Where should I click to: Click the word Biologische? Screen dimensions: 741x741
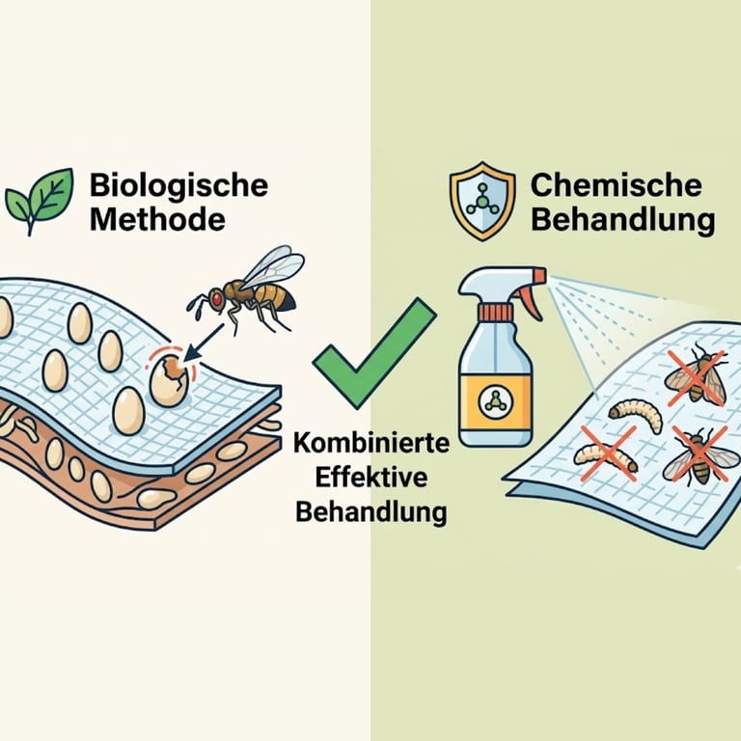[178, 185]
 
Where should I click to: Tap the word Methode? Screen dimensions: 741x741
[157, 220]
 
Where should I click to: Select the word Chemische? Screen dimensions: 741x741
[616, 185]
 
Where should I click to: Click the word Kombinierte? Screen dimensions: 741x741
[371, 443]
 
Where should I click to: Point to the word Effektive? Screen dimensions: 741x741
[370, 478]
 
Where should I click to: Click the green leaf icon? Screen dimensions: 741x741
[40, 201]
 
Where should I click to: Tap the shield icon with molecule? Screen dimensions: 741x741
[482, 201]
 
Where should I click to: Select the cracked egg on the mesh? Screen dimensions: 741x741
[169, 380]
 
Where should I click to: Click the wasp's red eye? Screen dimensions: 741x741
[217, 299]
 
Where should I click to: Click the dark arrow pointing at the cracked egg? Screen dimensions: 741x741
[204, 342]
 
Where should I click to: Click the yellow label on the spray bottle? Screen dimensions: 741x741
[496, 400]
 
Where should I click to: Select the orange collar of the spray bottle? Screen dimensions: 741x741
[495, 312]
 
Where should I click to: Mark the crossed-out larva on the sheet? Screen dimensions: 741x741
[606, 457]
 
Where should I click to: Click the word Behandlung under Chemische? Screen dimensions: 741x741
[623, 220]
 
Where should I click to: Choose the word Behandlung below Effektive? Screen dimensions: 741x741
[370, 512]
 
